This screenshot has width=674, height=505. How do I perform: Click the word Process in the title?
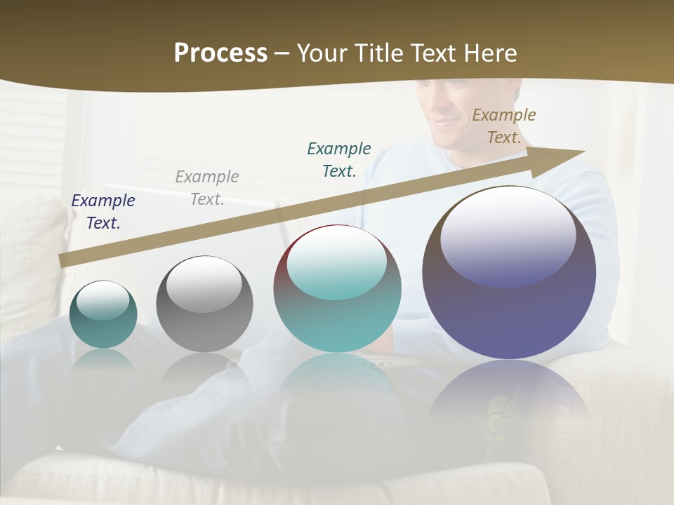click(x=220, y=53)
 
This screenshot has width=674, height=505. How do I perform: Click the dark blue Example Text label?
click(x=103, y=212)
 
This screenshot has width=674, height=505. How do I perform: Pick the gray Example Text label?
click(x=207, y=188)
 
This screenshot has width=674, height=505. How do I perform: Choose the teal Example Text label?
click(x=339, y=159)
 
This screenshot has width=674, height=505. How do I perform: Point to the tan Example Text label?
click(x=504, y=126)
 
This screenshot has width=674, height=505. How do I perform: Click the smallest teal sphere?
click(x=103, y=316)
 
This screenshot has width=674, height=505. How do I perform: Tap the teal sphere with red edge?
click(x=337, y=290)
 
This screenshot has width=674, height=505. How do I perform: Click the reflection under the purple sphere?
click(x=509, y=400)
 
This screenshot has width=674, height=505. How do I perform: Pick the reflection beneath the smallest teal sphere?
click(x=103, y=361)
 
